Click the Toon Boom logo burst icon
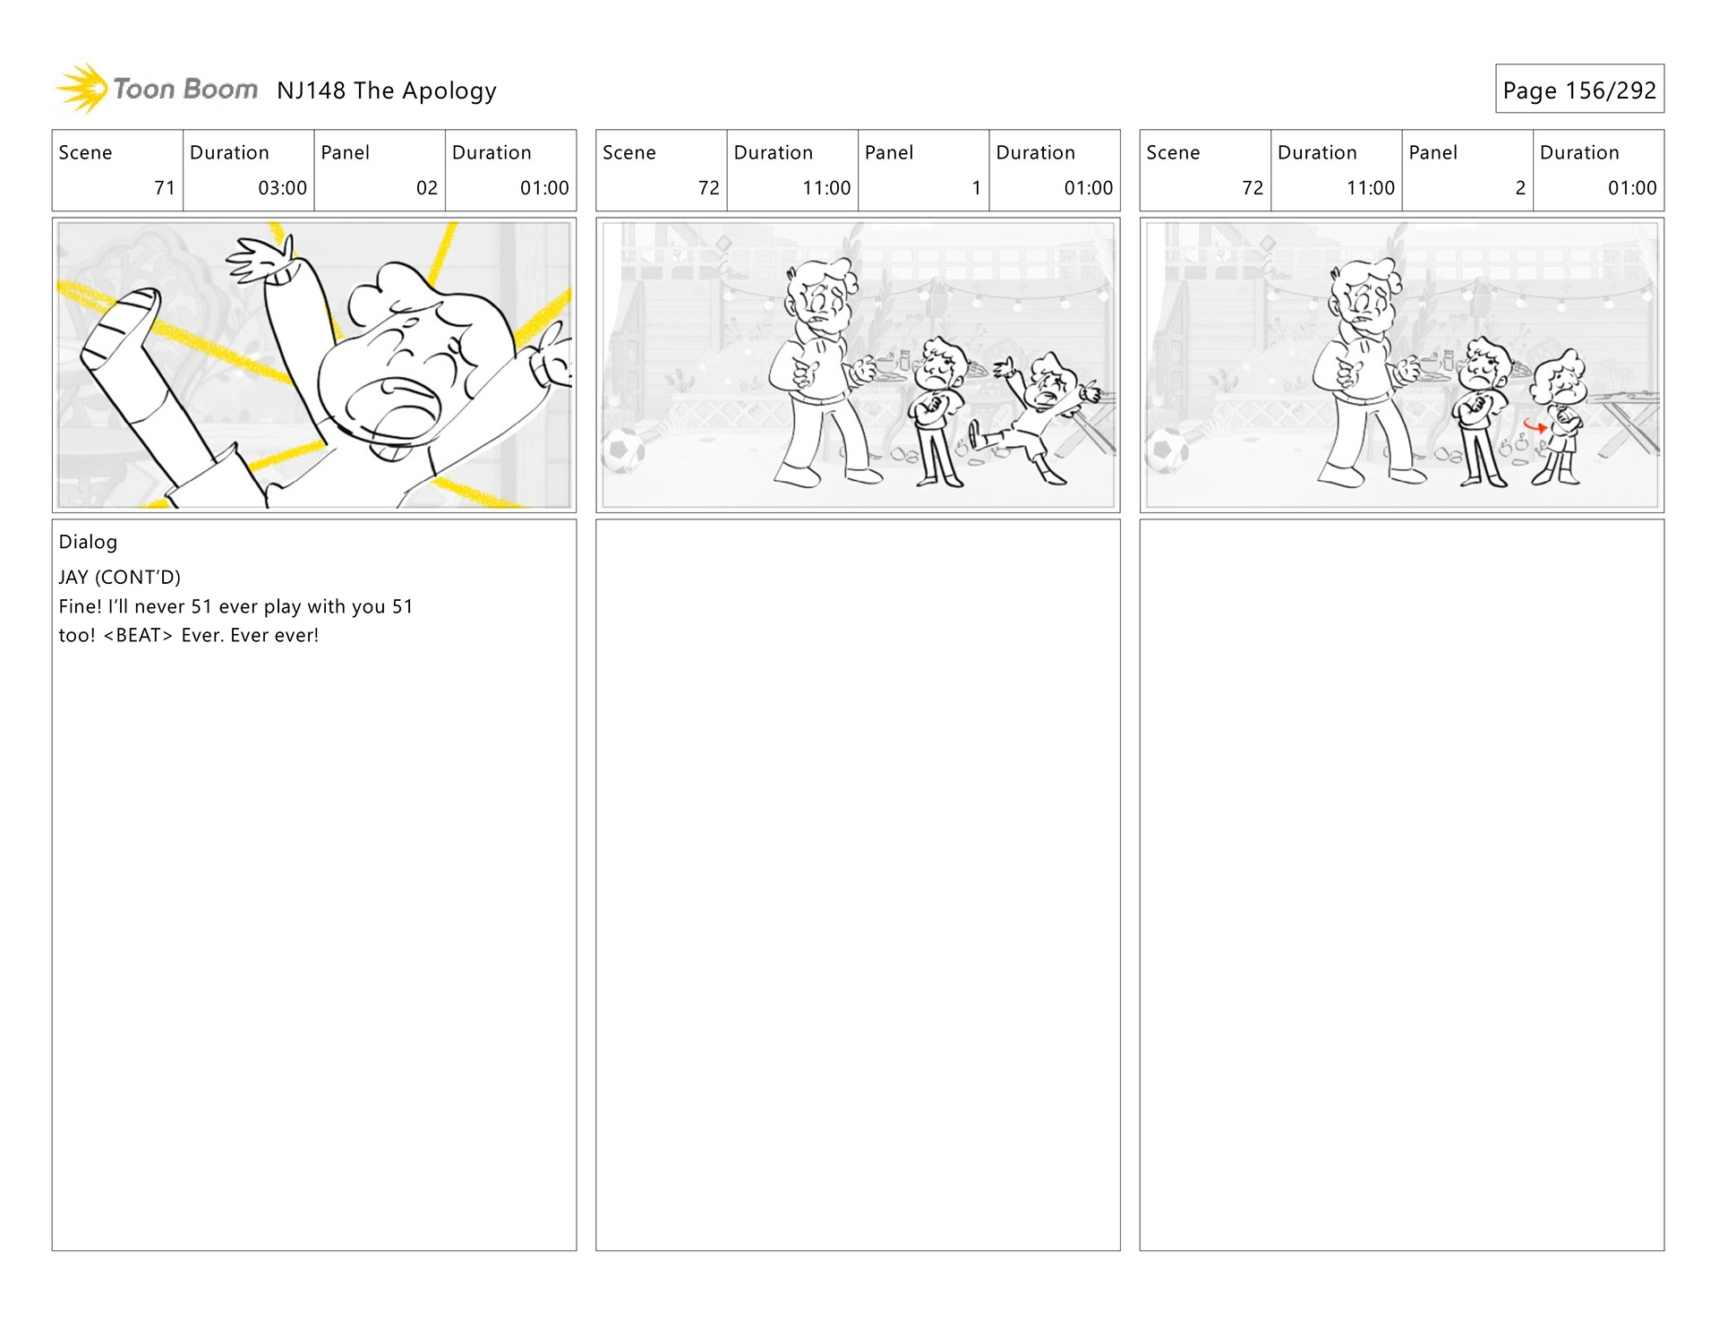[82, 89]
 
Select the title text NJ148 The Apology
[387, 90]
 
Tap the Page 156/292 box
[1579, 89]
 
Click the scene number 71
[165, 188]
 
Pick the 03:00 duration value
[282, 188]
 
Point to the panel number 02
[427, 188]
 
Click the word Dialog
[88, 542]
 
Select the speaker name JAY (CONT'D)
[120, 577]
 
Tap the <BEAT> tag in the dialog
[138, 636]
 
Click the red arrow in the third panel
[1535, 426]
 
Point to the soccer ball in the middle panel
[623, 450]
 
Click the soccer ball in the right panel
[1167, 450]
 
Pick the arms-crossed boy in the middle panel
[937, 412]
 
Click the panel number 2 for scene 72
[1520, 188]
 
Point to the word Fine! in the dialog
[80, 606]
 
